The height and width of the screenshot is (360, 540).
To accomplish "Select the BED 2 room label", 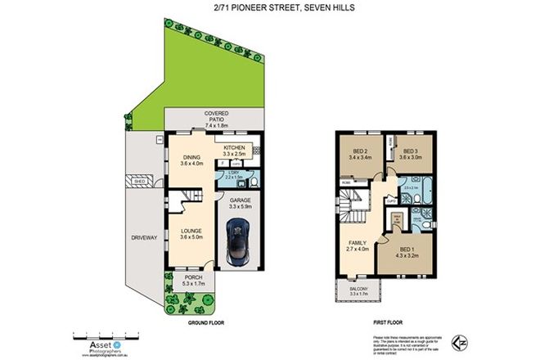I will pos(358,152).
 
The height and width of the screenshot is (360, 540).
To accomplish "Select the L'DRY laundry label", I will pos(232,173).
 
